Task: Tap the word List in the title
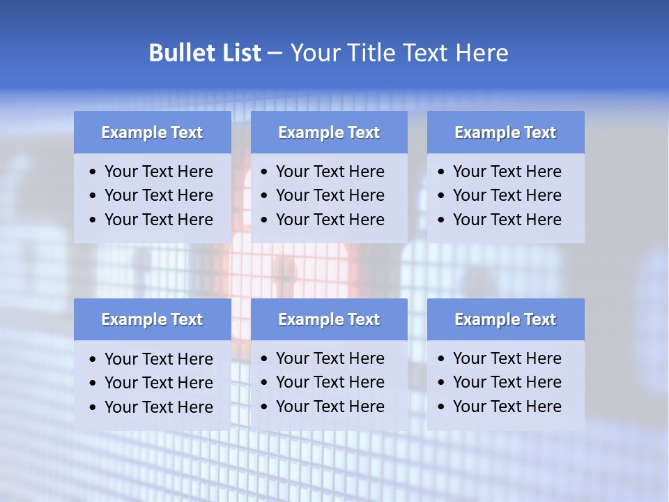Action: click(x=240, y=53)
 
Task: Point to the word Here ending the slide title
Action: click(x=482, y=53)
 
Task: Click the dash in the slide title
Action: click(x=275, y=54)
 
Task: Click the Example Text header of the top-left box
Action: click(x=152, y=132)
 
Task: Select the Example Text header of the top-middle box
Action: click(x=329, y=132)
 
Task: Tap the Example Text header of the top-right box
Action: click(x=505, y=132)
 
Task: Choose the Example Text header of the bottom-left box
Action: click(x=152, y=319)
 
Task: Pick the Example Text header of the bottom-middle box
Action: click(x=329, y=319)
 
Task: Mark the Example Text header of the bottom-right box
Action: click(x=505, y=319)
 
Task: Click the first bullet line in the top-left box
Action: click(x=158, y=172)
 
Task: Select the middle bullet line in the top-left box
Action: click(x=158, y=195)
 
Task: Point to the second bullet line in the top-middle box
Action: click(x=330, y=195)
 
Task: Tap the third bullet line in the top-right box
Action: click(x=507, y=220)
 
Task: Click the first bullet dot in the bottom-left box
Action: click(x=93, y=360)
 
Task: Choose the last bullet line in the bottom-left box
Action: click(x=158, y=407)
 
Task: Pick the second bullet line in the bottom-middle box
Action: click(x=330, y=382)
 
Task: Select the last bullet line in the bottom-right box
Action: click(x=507, y=406)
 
